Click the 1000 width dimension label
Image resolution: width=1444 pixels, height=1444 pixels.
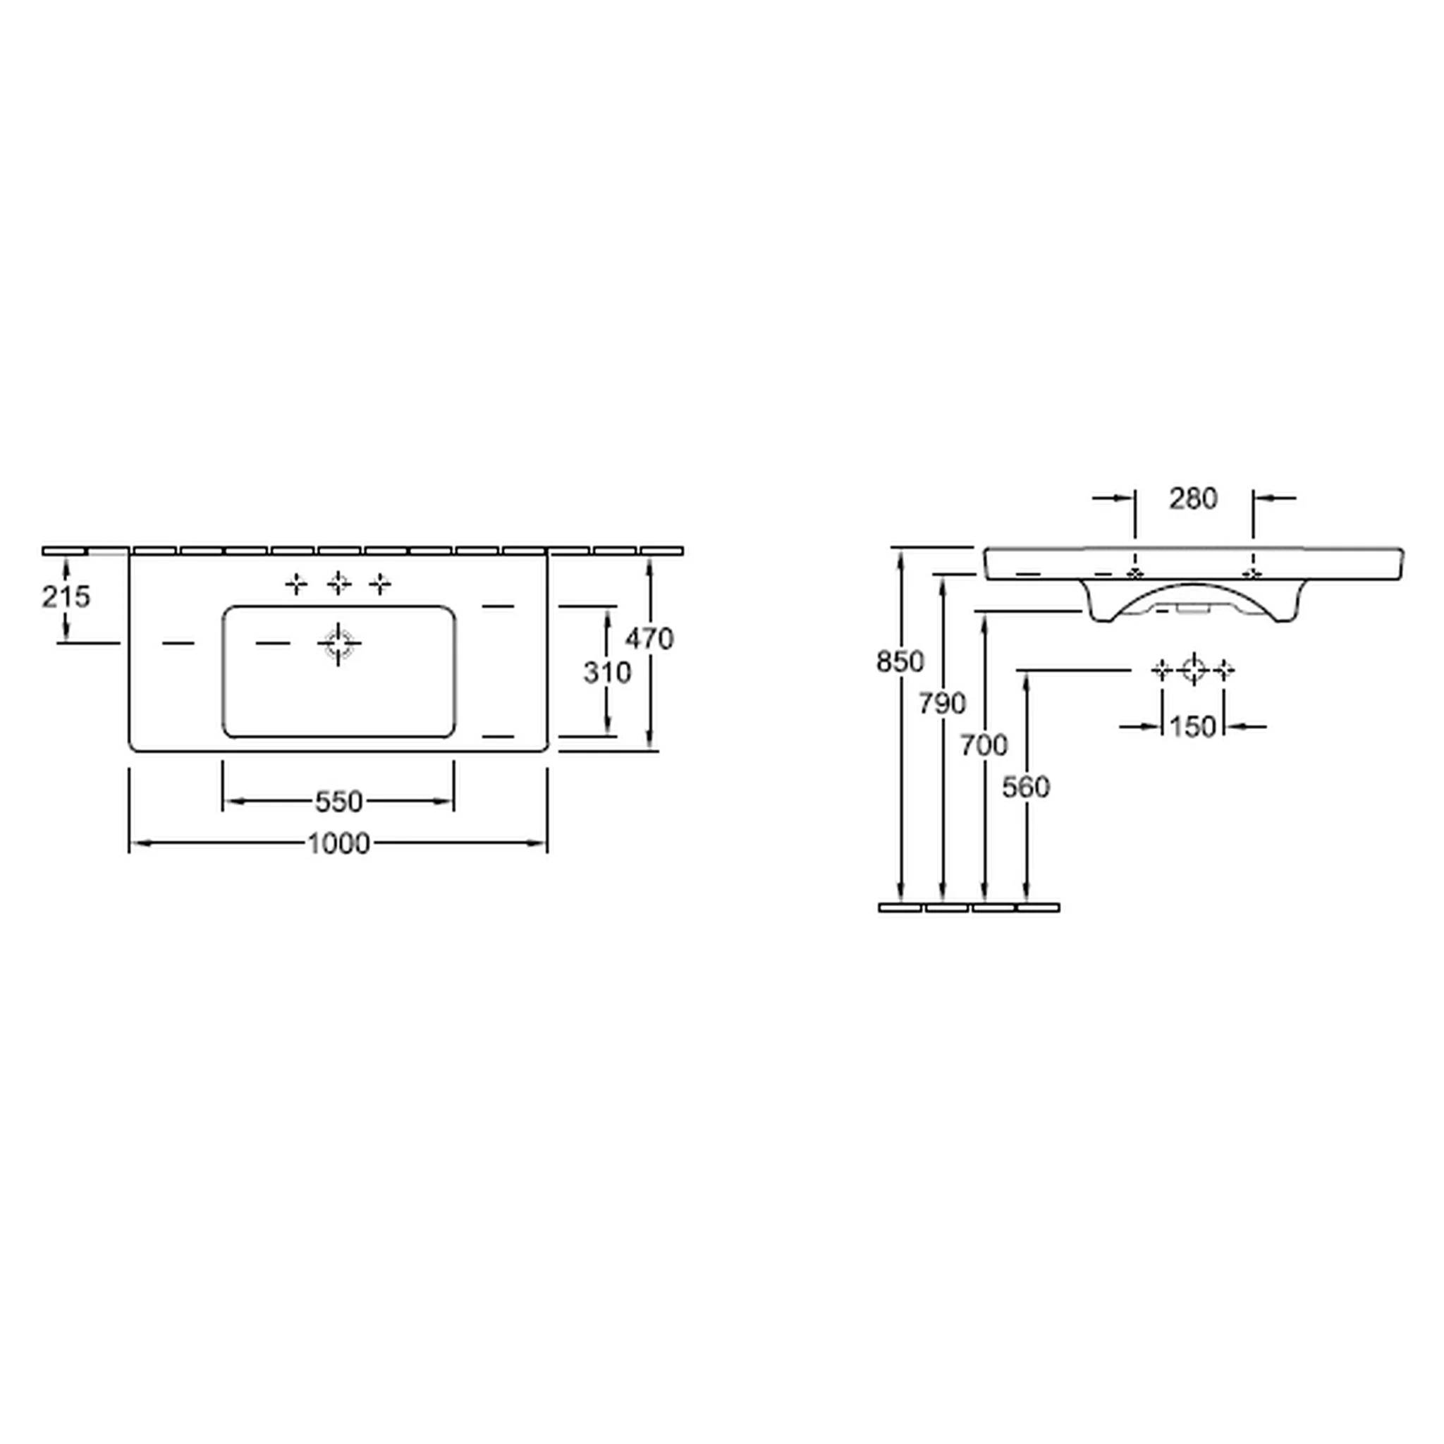(338, 844)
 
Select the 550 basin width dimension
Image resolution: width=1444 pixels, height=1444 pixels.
(338, 802)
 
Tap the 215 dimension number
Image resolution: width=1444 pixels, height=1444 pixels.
(66, 596)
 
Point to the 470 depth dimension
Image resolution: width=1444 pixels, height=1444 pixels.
(649, 638)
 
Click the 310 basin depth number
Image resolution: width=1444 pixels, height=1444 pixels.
(607, 673)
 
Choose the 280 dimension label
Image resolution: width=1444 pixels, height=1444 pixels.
(1194, 498)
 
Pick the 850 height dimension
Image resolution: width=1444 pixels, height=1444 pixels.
(900, 661)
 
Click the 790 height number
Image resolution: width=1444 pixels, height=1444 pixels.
(943, 703)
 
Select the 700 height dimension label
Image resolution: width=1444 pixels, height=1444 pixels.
(984, 745)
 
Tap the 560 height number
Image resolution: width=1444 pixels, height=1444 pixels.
(1026, 786)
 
